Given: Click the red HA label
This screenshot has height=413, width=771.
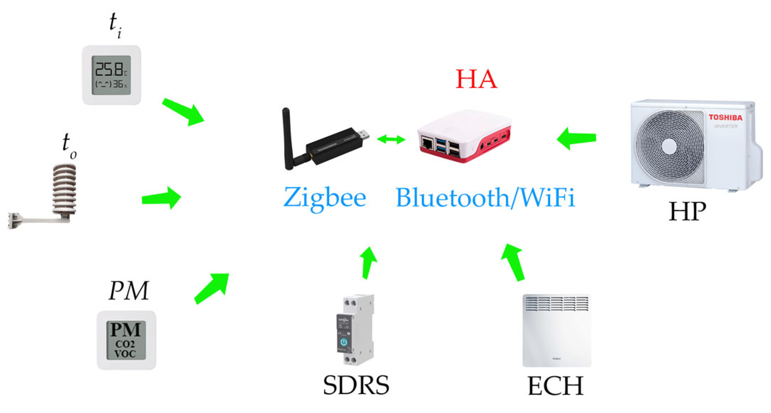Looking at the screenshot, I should (x=476, y=79).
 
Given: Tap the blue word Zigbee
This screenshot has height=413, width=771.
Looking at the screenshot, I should (x=325, y=197).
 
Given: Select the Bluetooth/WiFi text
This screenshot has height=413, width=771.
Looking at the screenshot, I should (x=485, y=197).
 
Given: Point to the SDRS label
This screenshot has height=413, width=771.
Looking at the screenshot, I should (x=356, y=385).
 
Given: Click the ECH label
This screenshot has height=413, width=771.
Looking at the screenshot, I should (x=555, y=386).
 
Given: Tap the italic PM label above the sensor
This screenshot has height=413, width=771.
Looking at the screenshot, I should (x=129, y=291).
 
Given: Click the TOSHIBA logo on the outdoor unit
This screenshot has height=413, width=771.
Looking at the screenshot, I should (x=725, y=117).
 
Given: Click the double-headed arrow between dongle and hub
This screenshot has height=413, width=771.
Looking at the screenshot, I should (x=391, y=139).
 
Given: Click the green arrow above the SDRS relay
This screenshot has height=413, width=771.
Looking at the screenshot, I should (x=368, y=263).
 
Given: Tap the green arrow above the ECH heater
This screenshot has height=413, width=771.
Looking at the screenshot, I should (x=513, y=262).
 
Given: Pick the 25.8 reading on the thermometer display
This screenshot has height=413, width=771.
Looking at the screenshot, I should (x=109, y=70).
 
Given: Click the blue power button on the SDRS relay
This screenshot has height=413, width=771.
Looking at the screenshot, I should (x=343, y=342).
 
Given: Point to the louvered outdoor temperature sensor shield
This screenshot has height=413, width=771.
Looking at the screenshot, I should (x=64, y=189).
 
